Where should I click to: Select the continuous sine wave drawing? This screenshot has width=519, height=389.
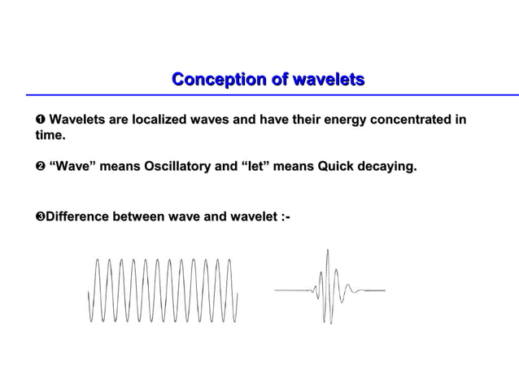tap(164, 290)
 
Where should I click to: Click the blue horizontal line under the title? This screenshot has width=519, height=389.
tap(268, 94)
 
